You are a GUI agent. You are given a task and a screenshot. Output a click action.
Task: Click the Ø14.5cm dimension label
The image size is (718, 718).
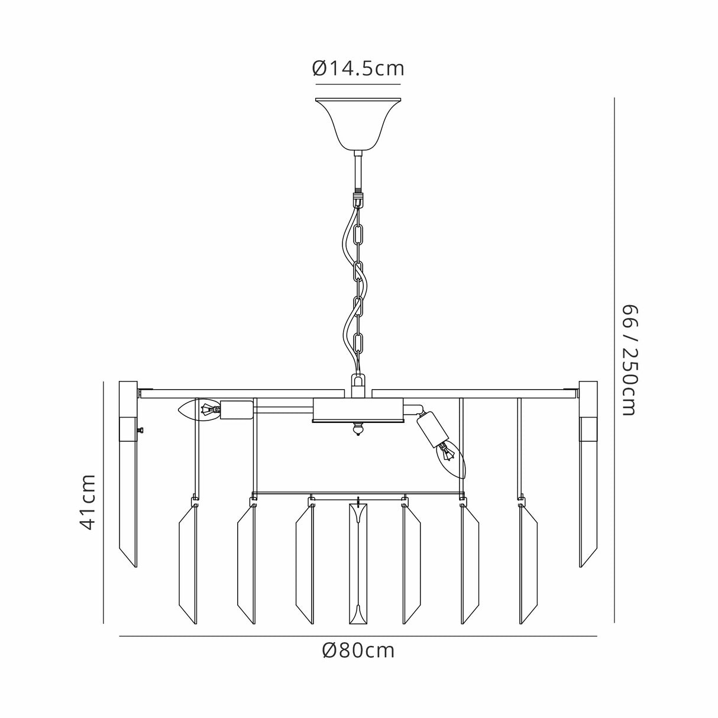click(x=358, y=69)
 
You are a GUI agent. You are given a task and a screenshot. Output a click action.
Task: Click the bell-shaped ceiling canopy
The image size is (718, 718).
click(x=358, y=124)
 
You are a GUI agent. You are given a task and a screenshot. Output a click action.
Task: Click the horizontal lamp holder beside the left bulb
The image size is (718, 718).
click(x=237, y=410)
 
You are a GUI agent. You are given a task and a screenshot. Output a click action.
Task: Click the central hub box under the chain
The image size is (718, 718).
click(x=358, y=410)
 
